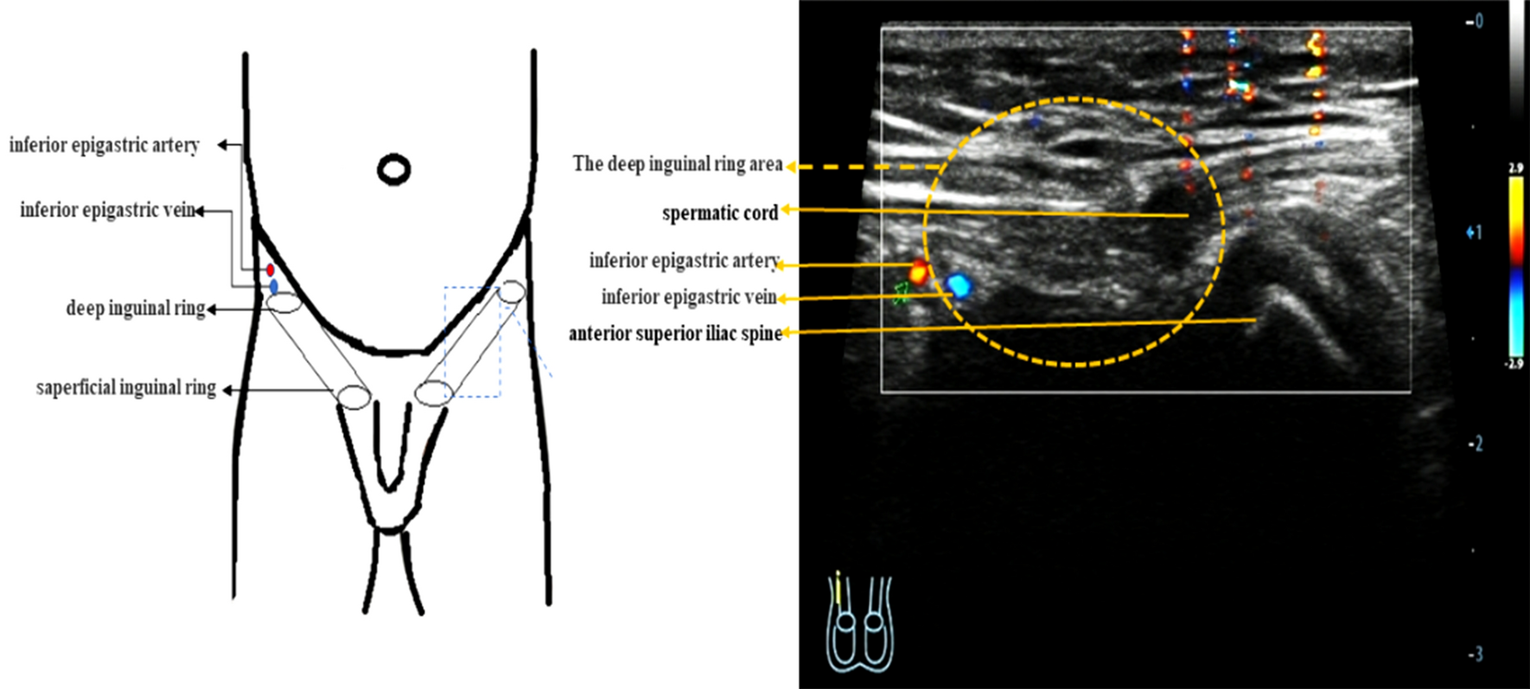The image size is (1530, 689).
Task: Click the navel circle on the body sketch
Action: [393, 169]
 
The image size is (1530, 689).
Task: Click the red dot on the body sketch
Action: [271, 271]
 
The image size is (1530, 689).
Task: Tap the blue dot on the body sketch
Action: [274, 286]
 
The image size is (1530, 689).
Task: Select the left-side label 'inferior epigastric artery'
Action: [105, 145]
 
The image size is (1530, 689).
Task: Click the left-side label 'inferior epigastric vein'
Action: [108, 210]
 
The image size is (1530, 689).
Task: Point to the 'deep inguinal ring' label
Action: [136, 309]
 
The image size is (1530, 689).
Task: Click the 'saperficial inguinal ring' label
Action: [126, 388]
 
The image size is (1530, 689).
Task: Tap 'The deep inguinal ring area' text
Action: [678, 164]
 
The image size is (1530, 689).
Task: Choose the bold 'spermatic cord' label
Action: [720, 213]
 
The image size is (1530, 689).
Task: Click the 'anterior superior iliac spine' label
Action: [675, 334]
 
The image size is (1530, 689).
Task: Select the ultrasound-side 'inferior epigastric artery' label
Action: [684, 260]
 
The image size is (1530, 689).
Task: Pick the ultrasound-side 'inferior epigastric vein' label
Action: [689, 297]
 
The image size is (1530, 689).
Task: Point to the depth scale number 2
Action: [1476, 444]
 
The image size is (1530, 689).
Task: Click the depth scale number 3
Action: [1476, 654]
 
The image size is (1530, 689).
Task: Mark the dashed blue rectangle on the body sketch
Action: [472, 342]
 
